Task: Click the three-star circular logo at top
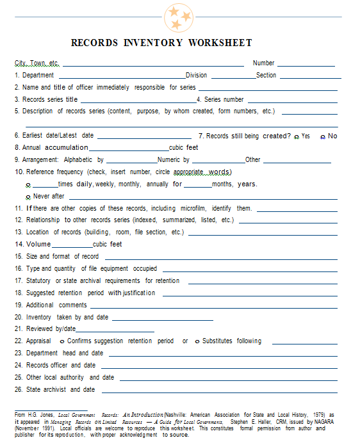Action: click(x=178, y=18)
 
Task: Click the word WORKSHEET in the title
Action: click(x=220, y=43)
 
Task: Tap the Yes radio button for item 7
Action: click(x=296, y=137)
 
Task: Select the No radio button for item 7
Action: click(x=322, y=137)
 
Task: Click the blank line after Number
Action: click(x=306, y=64)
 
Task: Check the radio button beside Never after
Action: click(x=29, y=197)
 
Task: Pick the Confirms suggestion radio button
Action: click(x=61, y=341)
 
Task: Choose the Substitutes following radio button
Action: click(x=197, y=341)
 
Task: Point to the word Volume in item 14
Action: click(x=38, y=244)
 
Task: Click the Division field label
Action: click(x=197, y=75)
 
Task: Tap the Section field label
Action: click(x=266, y=75)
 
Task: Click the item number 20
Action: click(x=19, y=317)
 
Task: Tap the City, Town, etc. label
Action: click(x=37, y=63)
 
